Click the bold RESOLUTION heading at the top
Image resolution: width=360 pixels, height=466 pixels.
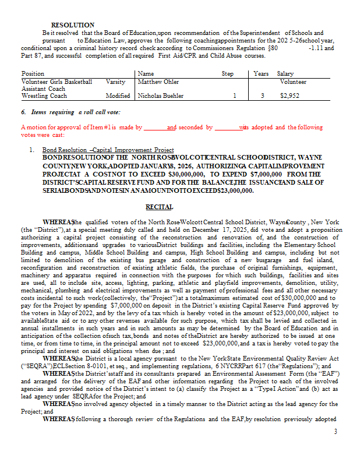(72, 25)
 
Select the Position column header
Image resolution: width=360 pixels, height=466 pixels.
(33, 74)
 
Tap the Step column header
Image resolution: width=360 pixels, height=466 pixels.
(228, 74)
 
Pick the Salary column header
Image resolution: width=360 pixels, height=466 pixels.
(285, 74)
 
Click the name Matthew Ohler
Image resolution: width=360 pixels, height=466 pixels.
(158, 82)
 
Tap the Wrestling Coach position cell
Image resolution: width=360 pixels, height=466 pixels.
(44, 96)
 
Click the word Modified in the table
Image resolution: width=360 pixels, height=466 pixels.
(118, 96)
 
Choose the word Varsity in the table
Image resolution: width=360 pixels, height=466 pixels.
(116, 82)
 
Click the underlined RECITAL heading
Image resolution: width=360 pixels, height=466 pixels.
(159, 207)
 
